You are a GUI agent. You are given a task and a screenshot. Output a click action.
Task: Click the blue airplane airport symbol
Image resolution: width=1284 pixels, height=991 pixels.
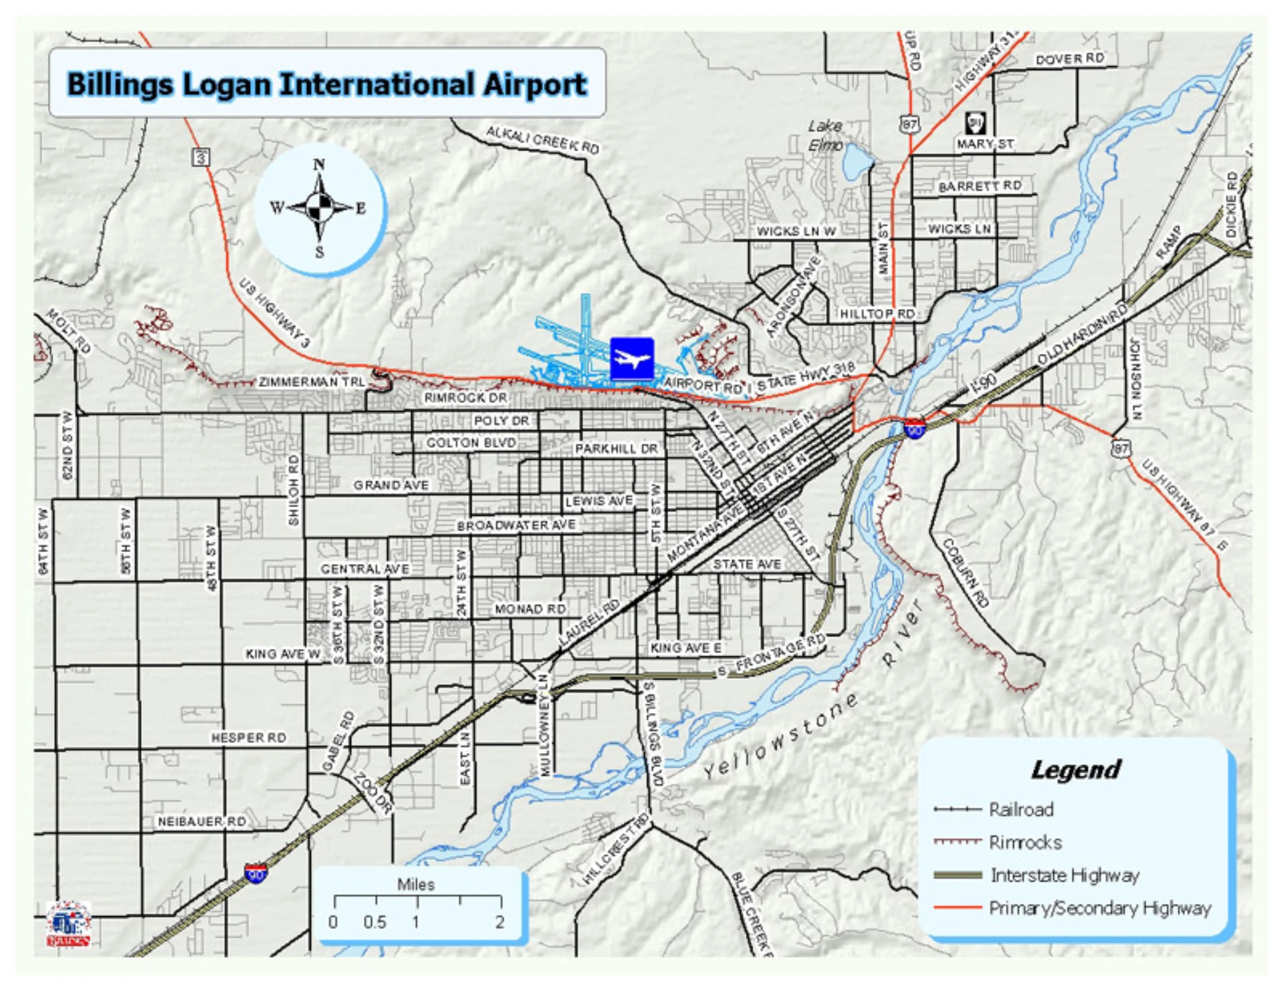point(631,359)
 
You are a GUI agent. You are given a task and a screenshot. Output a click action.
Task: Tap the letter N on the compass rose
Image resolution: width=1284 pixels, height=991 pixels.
point(319,164)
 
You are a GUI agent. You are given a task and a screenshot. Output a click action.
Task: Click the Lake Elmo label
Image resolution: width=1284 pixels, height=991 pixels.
point(825,135)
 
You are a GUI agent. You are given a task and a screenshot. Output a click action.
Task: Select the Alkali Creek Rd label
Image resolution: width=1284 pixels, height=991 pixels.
point(542,139)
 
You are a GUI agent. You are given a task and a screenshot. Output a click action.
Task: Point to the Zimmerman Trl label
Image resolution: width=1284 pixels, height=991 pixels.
point(312,382)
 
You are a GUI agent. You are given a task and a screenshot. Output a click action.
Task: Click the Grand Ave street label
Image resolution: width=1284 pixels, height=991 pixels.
point(391,484)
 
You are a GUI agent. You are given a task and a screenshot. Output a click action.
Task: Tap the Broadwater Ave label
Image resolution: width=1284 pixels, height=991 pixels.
point(516,525)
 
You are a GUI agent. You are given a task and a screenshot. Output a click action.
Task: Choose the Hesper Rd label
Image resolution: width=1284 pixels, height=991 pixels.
point(249,738)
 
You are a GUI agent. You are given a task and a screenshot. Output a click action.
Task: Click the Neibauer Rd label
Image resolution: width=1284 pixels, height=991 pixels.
point(202,821)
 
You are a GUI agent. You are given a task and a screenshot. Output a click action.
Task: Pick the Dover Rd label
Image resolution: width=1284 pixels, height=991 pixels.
point(1070,59)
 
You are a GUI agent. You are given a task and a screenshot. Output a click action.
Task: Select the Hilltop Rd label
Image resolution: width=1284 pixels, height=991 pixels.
point(877,313)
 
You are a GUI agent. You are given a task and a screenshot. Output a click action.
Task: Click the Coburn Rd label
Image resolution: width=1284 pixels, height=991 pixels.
point(965,573)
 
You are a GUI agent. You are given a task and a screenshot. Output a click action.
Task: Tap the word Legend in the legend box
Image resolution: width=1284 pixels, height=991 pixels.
point(1075,769)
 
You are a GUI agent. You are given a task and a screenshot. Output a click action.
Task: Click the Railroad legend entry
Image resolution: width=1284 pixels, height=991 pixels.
point(1021,809)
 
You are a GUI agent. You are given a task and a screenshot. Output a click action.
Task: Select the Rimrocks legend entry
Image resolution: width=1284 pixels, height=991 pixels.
point(1025,842)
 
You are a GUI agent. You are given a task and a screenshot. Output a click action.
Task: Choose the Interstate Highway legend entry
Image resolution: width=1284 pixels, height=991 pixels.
point(1065,875)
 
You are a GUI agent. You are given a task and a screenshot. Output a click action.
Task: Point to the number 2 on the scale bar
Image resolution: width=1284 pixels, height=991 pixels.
point(500,922)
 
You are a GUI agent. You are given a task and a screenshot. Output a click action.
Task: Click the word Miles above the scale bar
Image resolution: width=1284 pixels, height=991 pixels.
point(416,884)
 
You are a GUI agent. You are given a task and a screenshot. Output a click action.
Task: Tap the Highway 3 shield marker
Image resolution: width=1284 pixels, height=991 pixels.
point(201,158)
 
